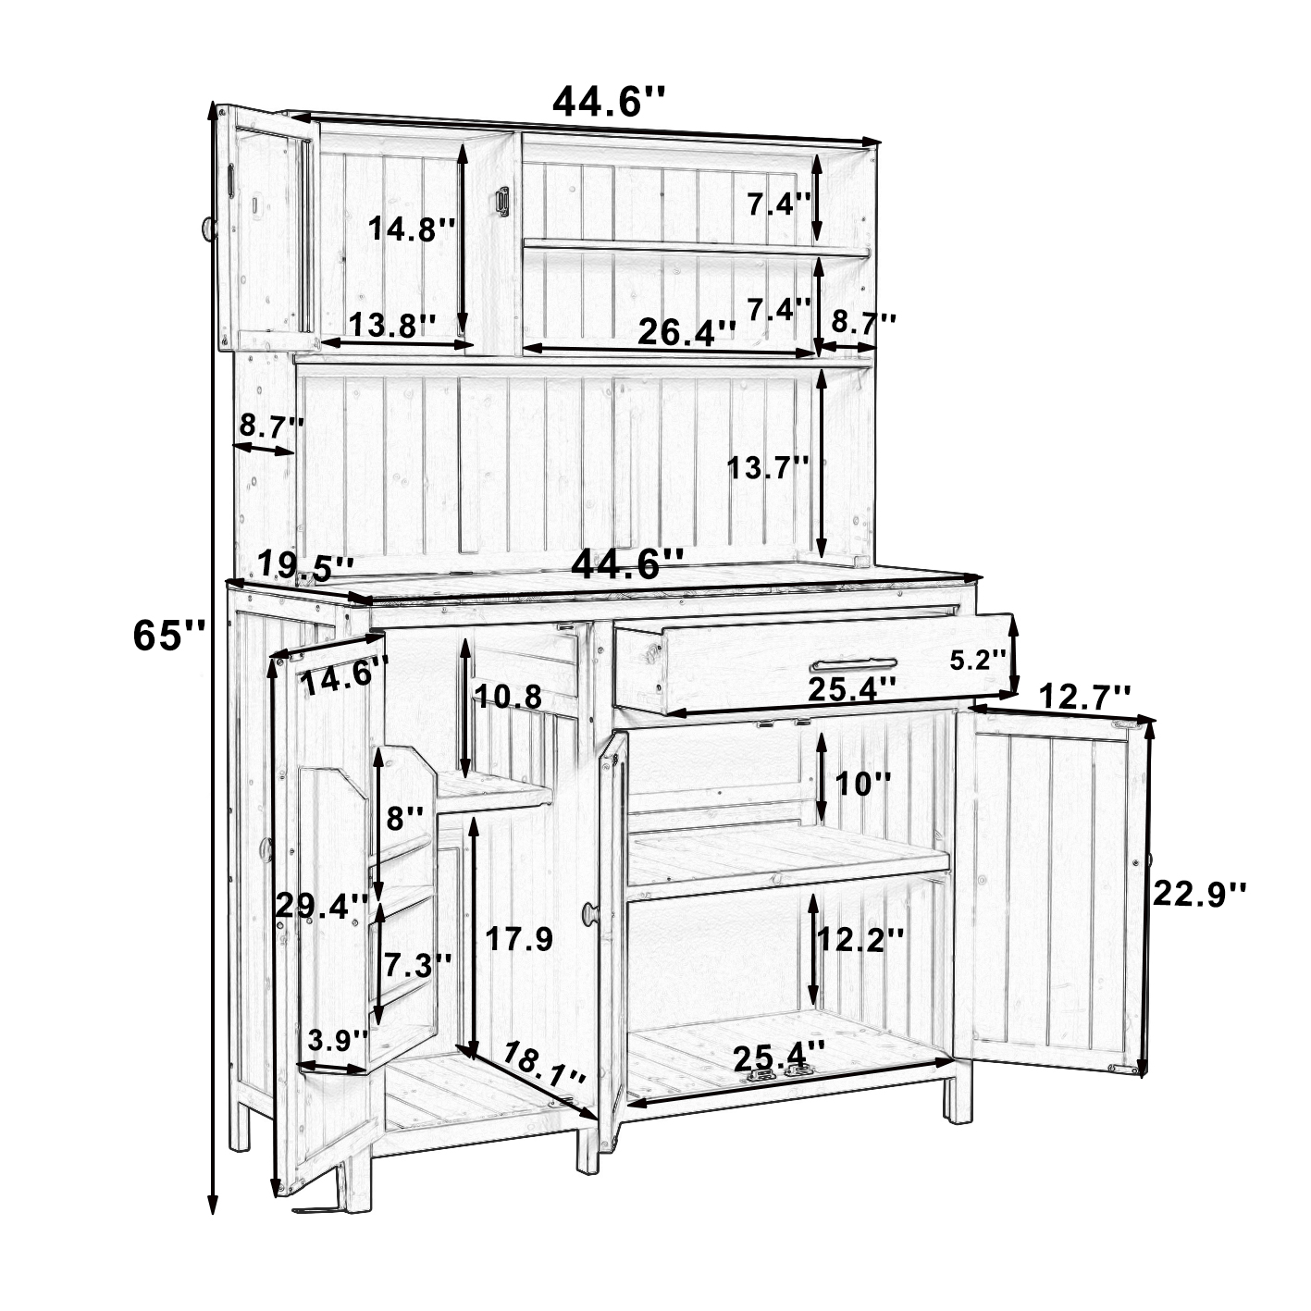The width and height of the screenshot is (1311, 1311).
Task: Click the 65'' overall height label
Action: click(x=168, y=637)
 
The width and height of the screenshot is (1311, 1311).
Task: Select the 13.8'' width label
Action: click(x=392, y=325)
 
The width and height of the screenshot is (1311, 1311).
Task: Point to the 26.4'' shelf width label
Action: click(x=687, y=332)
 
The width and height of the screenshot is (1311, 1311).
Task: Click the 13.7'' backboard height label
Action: click(x=768, y=467)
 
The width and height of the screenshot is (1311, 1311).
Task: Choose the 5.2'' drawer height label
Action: click(x=978, y=659)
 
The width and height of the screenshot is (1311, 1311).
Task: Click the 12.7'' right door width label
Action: click(x=1085, y=696)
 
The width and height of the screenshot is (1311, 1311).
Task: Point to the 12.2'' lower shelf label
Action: click(x=860, y=940)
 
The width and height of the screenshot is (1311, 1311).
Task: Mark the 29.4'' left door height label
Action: click(x=322, y=906)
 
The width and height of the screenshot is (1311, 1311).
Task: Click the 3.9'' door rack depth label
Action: click(x=338, y=1059)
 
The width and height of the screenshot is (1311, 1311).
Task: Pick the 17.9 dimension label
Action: click(x=519, y=940)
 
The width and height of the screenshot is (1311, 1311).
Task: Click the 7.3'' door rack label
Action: click(x=417, y=964)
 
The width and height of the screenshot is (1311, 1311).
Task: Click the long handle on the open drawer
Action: click(x=853, y=662)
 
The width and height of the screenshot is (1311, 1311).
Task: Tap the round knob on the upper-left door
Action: click(x=206, y=229)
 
